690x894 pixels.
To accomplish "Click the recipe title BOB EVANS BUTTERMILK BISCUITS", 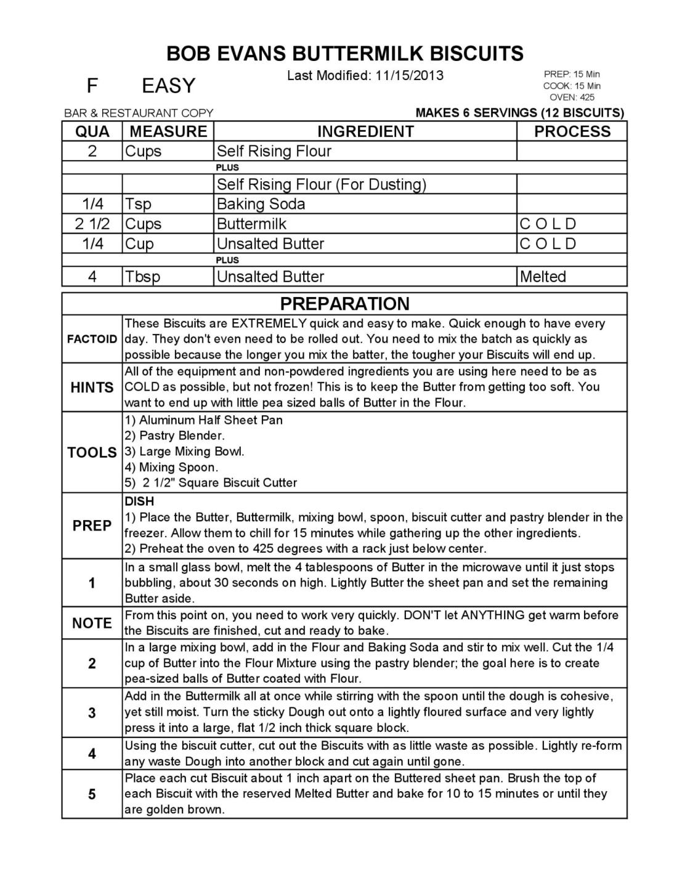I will point(345,54).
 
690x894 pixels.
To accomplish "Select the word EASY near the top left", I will point(168,86).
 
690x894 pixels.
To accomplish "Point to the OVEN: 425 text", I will point(572,97).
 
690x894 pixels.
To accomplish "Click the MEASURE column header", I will point(168,131).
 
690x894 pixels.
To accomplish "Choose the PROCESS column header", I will point(572,131).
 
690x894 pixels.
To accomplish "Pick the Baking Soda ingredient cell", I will point(261,204).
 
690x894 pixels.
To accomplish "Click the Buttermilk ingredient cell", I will point(251,224).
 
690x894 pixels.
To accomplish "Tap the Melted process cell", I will point(543,277).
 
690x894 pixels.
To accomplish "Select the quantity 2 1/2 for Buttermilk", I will point(92,224).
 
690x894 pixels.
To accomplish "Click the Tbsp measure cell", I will point(142,277).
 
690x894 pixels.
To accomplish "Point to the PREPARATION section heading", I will point(344,304).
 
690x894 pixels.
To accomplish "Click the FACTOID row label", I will point(92,339).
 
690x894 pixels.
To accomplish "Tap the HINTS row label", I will point(92,388).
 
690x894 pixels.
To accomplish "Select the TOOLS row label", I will point(92,452).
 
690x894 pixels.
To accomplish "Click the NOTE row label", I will point(92,623).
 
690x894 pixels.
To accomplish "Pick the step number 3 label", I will point(92,713).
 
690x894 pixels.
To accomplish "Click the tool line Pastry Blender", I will point(175,436).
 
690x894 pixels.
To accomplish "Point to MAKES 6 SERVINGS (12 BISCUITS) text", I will point(520,113).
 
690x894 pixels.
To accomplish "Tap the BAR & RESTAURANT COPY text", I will point(139,113).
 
